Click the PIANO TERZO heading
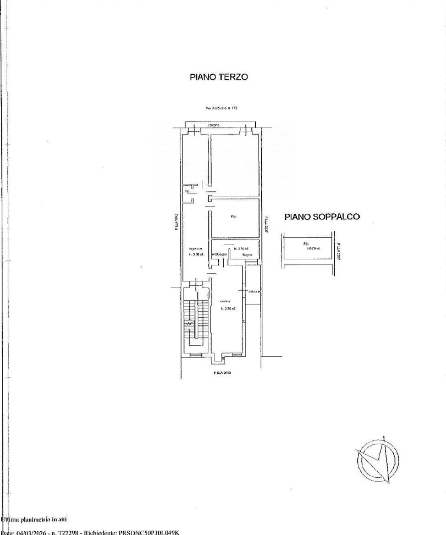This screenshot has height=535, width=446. click(219, 77)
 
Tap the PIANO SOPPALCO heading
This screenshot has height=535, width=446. click(322, 217)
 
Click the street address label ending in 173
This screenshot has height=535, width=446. click(221, 108)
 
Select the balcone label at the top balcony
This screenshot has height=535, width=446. click(214, 125)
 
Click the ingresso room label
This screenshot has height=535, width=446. click(195, 249)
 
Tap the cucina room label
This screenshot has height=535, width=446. click(225, 301)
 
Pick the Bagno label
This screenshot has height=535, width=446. click(247, 255)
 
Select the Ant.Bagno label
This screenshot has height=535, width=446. click(219, 254)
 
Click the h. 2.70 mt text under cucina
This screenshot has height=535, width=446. click(228, 309)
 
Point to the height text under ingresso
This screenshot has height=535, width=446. click(196, 255)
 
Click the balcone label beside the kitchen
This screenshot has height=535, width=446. click(254, 291)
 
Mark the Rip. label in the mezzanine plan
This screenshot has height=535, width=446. click(305, 244)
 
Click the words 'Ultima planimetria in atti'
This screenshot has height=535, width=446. click(34, 519)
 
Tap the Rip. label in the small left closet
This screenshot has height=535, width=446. click(187, 191)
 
